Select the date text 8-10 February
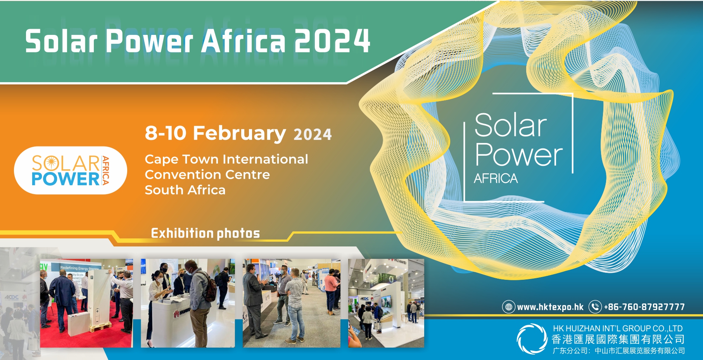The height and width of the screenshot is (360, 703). [215, 133]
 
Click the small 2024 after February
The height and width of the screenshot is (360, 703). [313, 135]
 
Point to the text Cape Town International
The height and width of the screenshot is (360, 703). [226, 159]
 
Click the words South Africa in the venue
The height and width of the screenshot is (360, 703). [185, 190]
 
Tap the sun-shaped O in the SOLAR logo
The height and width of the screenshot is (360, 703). [51, 163]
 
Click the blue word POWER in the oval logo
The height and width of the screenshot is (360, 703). [66, 179]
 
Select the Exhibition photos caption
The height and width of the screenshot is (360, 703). [206, 233]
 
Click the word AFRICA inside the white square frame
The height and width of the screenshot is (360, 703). [496, 179]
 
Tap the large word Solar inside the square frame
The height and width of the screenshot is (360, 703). [511, 125]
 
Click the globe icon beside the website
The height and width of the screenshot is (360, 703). [509, 307]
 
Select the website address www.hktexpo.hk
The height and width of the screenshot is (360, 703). [550, 307]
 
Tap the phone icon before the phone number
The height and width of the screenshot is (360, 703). [595, 307]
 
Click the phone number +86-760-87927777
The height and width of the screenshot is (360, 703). [644, 307]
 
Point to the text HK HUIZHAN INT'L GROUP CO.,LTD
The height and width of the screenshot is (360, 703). [618, 329]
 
